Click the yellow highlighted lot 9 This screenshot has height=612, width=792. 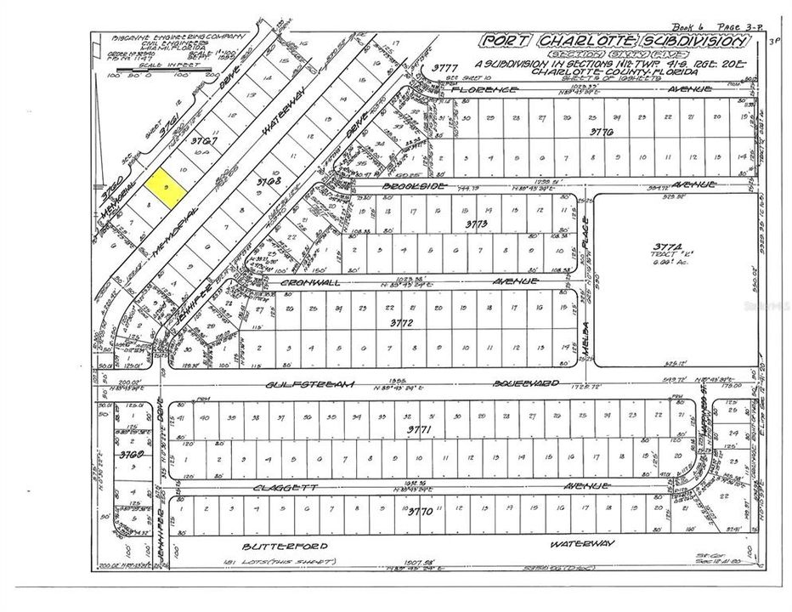[x=165, y=186]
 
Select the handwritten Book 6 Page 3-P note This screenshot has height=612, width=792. [x=717, y=26]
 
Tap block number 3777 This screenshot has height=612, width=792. [x=445, y=68]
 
